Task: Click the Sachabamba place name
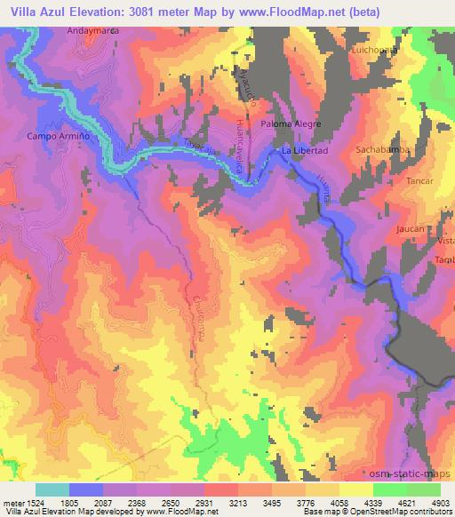[381, 150]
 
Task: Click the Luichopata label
[375, 50]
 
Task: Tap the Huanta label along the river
[323, 189]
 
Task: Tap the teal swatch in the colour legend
[52, 489]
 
